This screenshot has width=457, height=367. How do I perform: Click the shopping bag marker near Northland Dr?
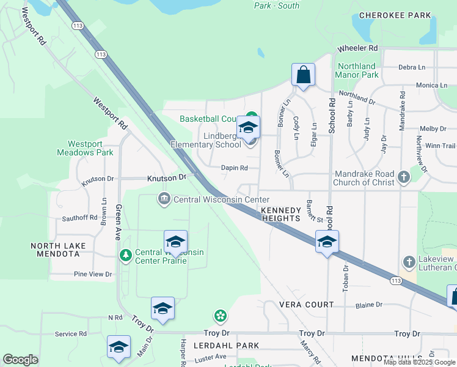pyautogui.click(x=303, y=75)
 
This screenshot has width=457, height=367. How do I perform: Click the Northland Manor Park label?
pyautogui.click(x=356, y=70)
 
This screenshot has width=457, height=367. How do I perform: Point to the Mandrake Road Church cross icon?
pyautogui.click(x=403, y=177)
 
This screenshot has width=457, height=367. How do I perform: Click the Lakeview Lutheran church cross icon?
pyautogui.click(x=409, y=262)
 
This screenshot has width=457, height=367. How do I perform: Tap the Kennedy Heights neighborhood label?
pyautogui.click(x=280, y=213)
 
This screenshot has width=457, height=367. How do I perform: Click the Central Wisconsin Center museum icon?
pyautogui.click(x=164, y=199)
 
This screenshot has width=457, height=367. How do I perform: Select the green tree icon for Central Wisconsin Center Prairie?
pyautogui.click(x=125, y=254)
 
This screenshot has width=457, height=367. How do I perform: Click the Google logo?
pyautogui.click(x=20, y=360)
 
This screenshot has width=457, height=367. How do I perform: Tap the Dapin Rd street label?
pyautogui.click(x=235, y=168)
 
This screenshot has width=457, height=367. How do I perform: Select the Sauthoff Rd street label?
pyautogui.click(x=75, y=217)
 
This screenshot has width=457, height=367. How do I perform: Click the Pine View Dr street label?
pyautogui.click(x=92, y=275)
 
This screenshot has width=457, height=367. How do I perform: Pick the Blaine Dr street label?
pyautogui.click(x=368, y=304)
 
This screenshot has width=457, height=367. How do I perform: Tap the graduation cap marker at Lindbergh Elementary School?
pyautogui.click(x=248, y=128)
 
